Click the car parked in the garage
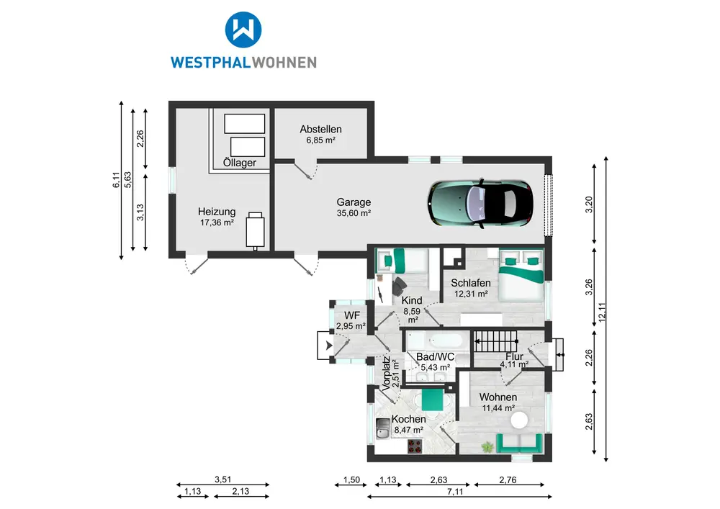[480, 203]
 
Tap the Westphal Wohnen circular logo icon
[243, 30]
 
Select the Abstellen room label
[320, 130]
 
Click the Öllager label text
[239, 163]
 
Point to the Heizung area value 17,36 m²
[217, 222]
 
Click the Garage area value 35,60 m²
[354, 213]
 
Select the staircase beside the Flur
[495, 341]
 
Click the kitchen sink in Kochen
[382, 429]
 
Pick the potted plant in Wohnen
[487, 446]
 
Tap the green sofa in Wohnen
[519, 443]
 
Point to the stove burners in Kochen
[415, 446]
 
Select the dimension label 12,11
[602, 312]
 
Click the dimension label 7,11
[455, 492]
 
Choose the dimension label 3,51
[223, 479]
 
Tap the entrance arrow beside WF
[329, 346]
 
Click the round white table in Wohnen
[520, 420]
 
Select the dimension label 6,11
[116, 180]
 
